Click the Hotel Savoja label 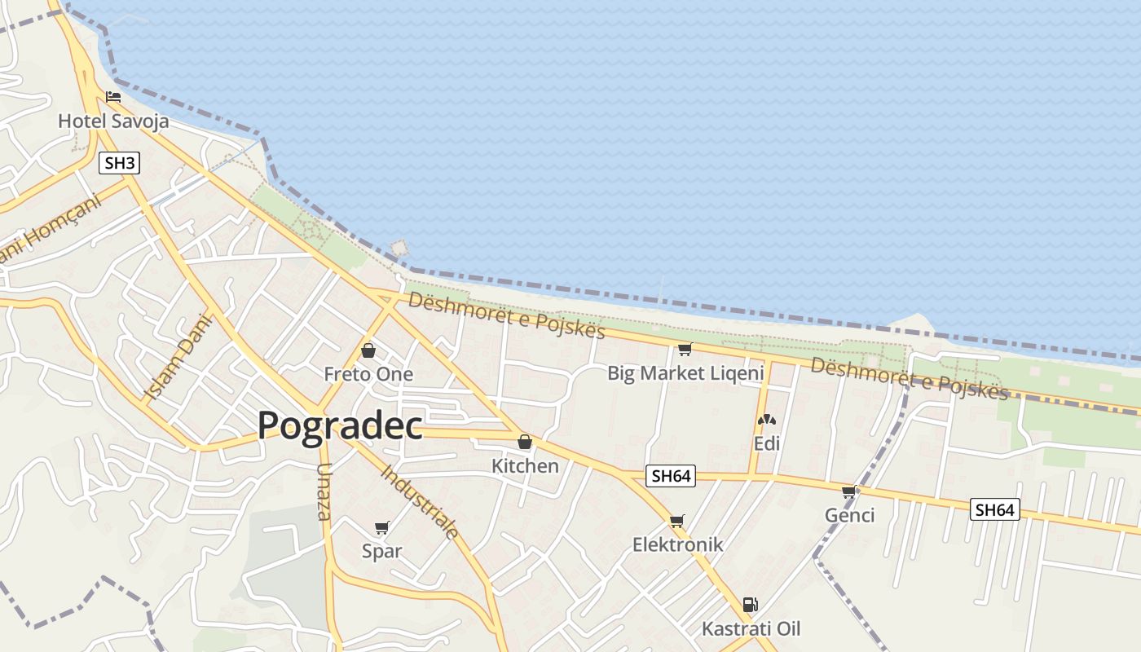click(113, 121)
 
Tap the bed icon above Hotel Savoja click(113, 97)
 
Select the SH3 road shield click(120, 163)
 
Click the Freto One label click(368, 374)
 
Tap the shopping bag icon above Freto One click(368, 350)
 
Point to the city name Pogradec click(340, 425)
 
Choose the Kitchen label click(525, 466)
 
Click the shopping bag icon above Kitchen click(525, 442)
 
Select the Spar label click(381, 551)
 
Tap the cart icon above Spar click(381, 528)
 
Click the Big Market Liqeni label click(685, 373)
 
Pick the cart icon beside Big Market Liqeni click(685, 350)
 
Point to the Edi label click(766, 443)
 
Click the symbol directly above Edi click(766, 421)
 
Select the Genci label click(849, 515)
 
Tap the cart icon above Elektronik click(676, 521)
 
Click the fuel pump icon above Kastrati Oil click(751, 605)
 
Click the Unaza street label click(324, 492)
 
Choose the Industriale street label click(420, 501)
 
